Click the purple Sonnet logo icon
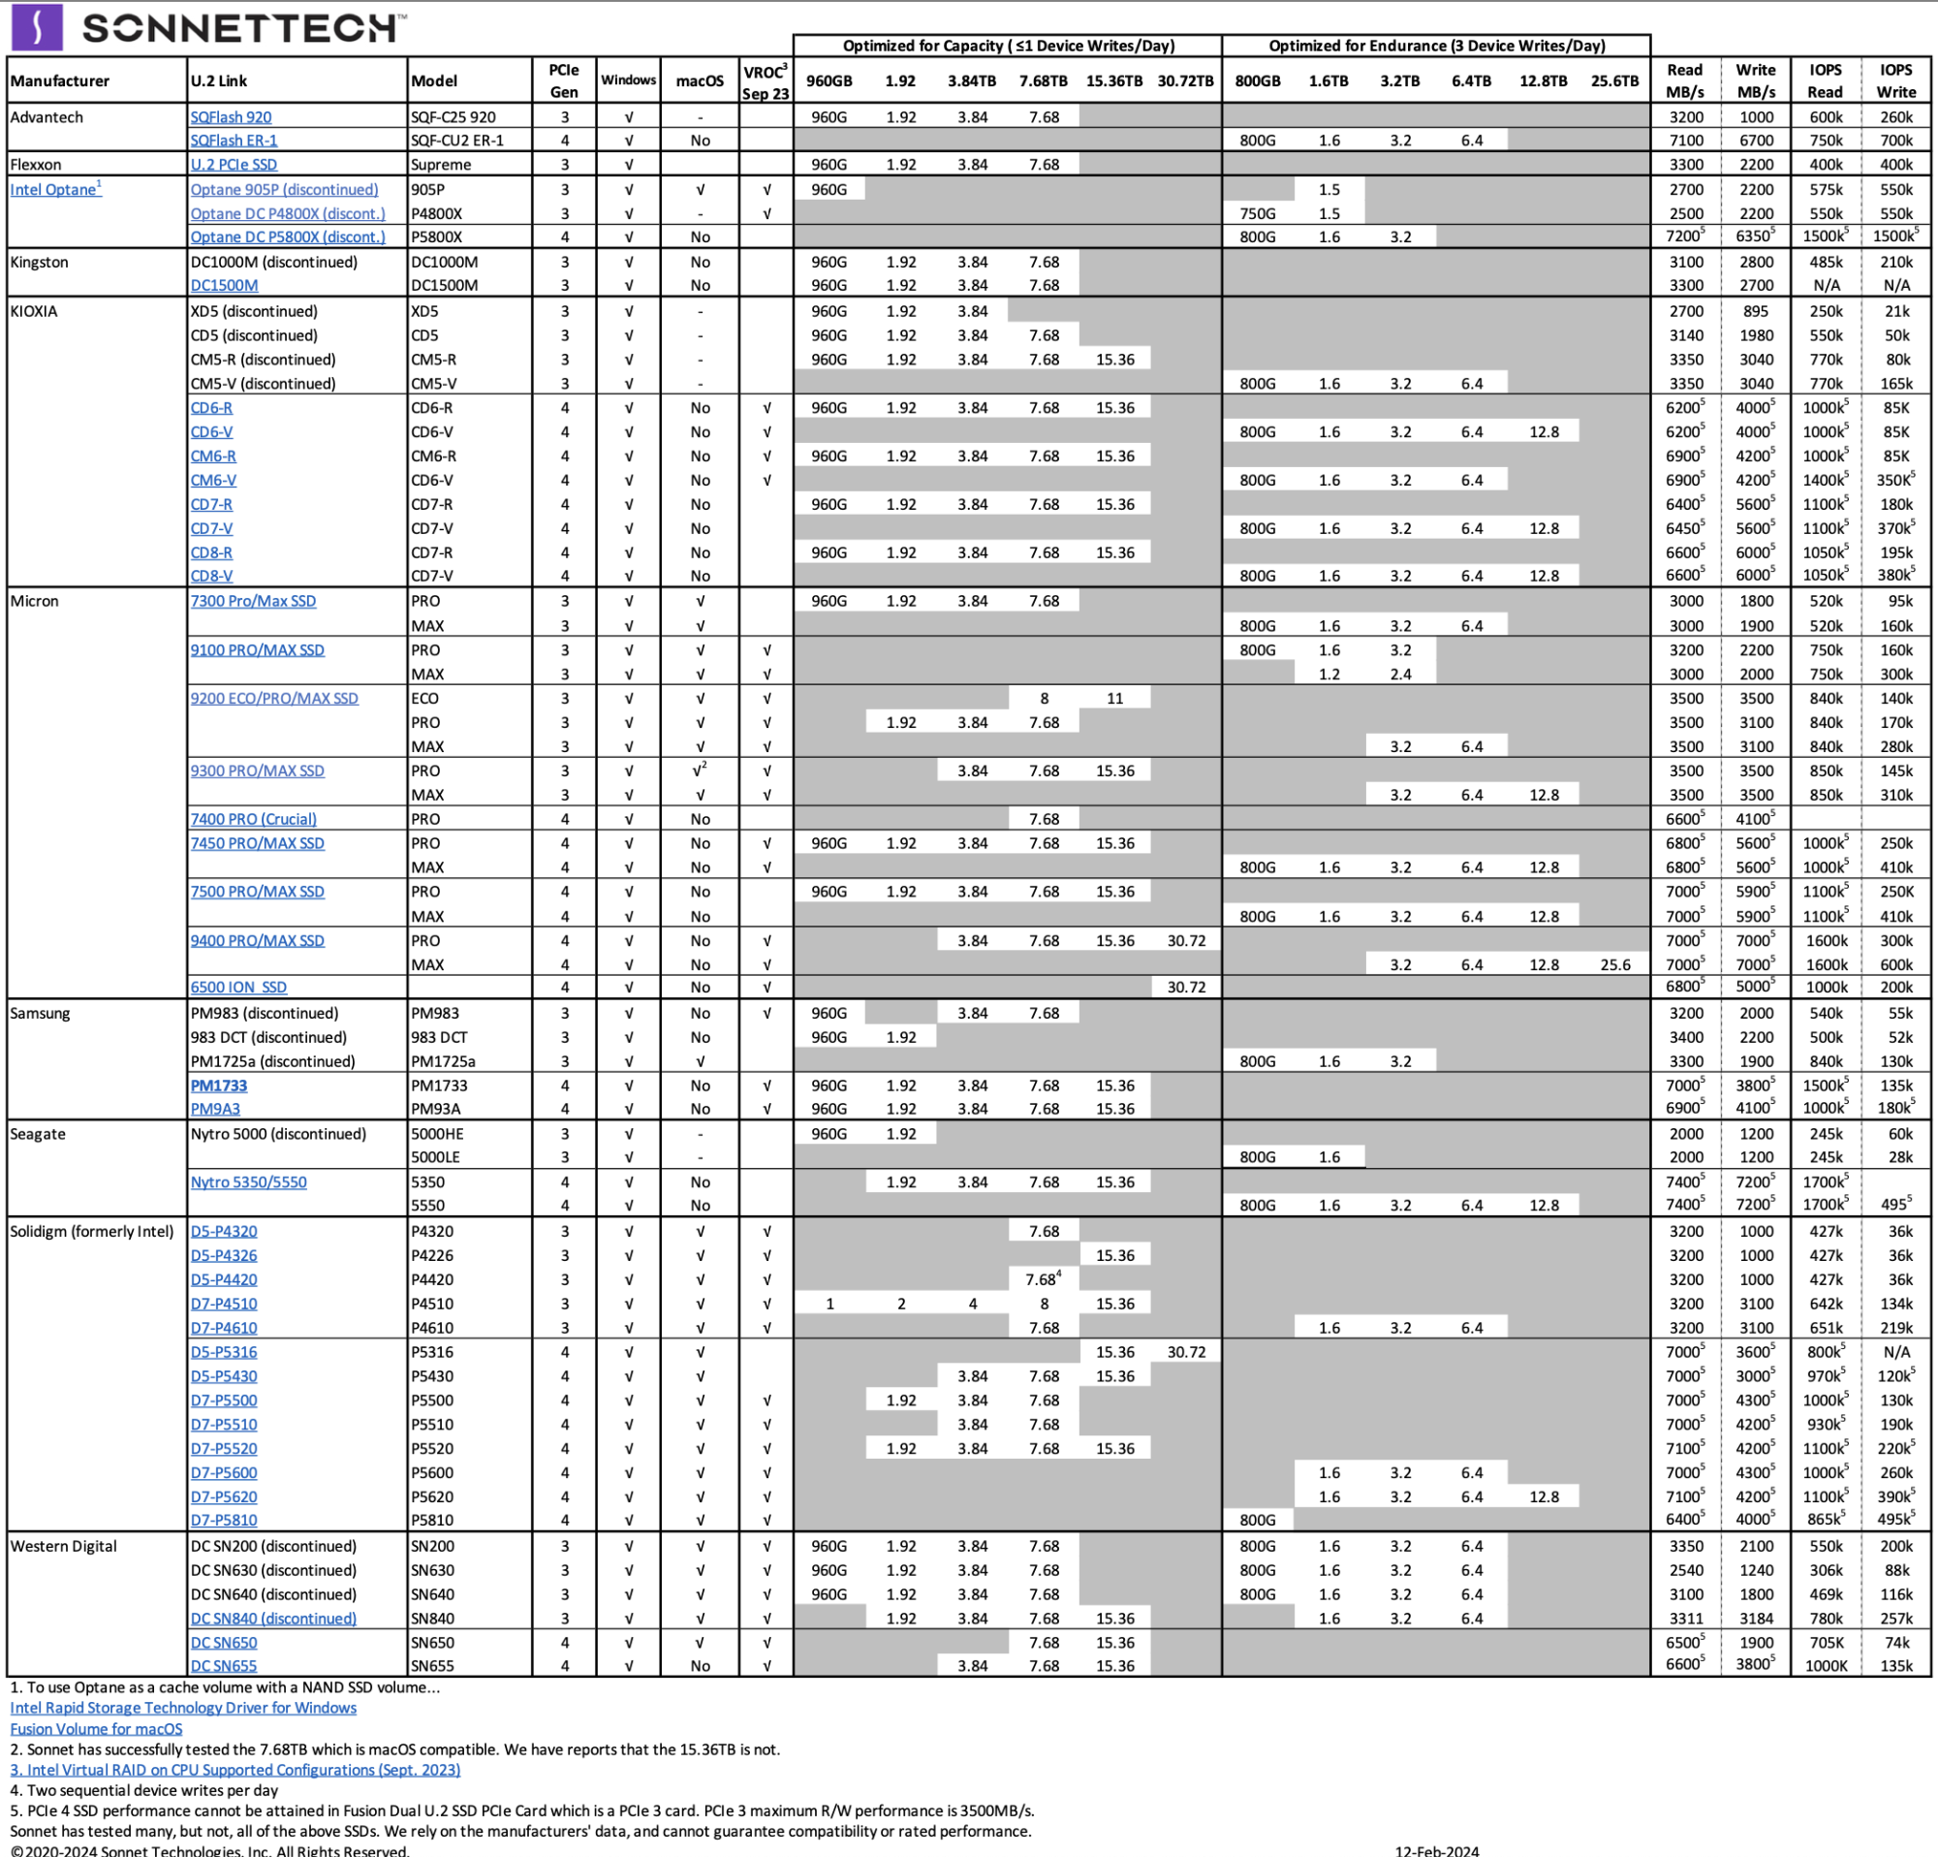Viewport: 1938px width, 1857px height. pos(37,27)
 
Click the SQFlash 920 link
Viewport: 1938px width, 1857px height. pos(231,116)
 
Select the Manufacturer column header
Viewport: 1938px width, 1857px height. pos(59,81)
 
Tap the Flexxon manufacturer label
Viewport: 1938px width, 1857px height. pos(36,164)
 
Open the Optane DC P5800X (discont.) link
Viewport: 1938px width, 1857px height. pos(287,237)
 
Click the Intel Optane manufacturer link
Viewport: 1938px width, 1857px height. pos(54,190)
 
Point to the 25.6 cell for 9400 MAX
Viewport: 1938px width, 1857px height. pos(1614,965)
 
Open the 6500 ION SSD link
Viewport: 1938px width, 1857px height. pos(238,988)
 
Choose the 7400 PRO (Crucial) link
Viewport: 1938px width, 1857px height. pos(253,819)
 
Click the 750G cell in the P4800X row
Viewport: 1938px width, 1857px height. pos(1257,213)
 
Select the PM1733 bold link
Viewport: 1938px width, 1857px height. pos(219,1086)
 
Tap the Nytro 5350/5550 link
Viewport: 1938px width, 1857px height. pos(248,1182)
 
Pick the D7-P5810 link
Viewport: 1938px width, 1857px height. pos(224,1521)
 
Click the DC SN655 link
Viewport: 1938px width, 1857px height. pos(224,1666)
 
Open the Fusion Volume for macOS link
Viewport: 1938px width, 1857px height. pos(96,1728)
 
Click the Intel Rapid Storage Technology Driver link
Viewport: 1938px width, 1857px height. pos(183,1708)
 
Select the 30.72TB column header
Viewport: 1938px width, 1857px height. pos(1184,81)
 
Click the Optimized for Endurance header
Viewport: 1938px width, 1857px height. pos(1436,46)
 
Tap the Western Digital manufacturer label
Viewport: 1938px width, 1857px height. pos(63,1547)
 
